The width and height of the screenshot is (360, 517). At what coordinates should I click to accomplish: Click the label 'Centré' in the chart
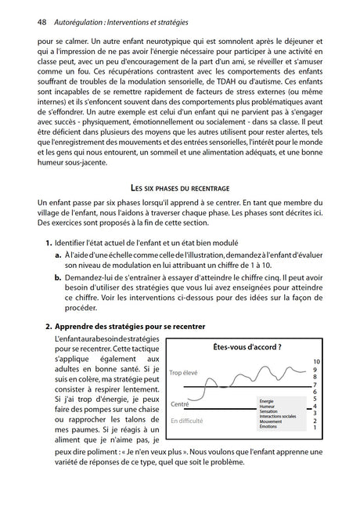(x=180, y=404)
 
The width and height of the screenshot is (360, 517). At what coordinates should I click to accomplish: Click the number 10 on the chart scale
(x=315, y=360)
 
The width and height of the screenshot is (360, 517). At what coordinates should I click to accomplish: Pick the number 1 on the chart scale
(x=315, y=427)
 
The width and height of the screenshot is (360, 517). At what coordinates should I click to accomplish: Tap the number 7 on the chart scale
(x=315, y=385)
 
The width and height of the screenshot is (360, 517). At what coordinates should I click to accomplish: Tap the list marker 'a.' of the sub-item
(x=58, y=255)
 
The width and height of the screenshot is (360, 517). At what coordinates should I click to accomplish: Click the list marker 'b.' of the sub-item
(x=59, y=277)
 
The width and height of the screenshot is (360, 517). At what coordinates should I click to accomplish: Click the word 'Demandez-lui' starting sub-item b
(x=95, y=277)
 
